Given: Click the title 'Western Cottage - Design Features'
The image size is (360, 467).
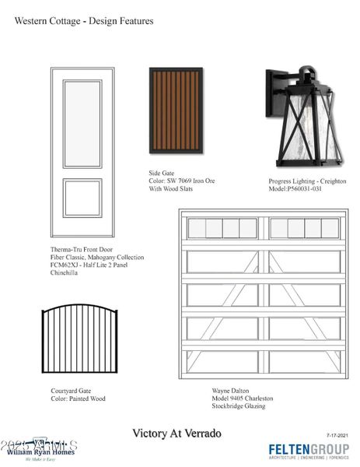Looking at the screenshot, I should click(x=84, y=21).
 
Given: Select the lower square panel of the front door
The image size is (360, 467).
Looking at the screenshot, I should click(x=82, y=198).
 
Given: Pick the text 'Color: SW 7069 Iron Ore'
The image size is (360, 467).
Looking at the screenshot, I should click(x=182, y=181).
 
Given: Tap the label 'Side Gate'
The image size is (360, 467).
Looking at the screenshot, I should click(x=162, y=173).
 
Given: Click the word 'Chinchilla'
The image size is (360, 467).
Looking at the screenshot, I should click(x=66, y=273).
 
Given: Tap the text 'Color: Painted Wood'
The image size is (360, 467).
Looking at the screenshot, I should click(x=72, y=399).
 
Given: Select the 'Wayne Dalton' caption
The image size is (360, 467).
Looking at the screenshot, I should click(x=230, y=390).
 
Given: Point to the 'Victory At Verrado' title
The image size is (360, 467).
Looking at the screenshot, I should click(x=177, y=433).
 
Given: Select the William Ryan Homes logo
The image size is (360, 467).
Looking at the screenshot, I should click(x=40, y=450).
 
